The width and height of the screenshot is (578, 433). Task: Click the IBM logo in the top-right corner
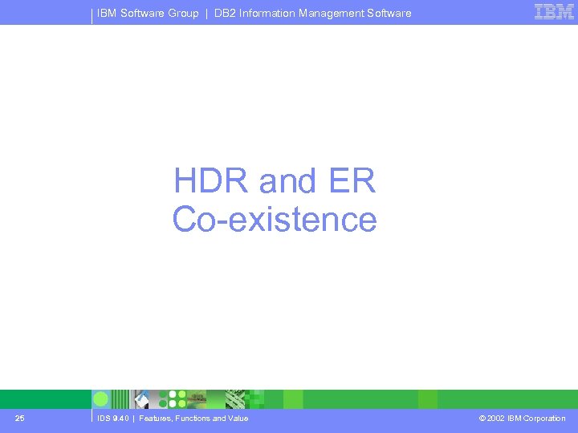554,12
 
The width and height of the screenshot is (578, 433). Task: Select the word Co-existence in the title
275,220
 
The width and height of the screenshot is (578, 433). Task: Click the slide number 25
19,418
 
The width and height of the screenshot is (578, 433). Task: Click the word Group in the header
183,13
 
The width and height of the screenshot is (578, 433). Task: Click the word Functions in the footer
193,418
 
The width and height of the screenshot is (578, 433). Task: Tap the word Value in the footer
237,418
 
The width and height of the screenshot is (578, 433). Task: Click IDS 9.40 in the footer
112,418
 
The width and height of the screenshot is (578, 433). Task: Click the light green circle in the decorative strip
101,399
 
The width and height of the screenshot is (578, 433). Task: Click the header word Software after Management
390,13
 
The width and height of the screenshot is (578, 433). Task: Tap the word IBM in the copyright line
515,418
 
